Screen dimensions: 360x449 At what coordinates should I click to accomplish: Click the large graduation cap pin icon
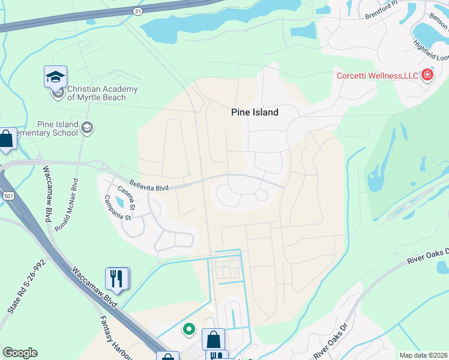tap(55, 77)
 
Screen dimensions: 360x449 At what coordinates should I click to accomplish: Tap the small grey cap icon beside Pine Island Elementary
tap(88, 127)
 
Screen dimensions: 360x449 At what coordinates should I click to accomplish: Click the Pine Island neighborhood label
tap(255, 112)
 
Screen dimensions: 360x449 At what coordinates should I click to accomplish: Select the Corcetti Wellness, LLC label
tap(377, 76)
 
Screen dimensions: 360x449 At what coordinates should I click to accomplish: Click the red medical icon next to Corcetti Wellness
tap(427, 75)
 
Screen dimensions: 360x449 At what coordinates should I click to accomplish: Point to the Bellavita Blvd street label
tap(149, 188)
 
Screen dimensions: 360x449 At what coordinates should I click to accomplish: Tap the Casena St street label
tap(126, 197)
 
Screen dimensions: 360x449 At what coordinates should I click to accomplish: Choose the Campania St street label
tap(117, 208)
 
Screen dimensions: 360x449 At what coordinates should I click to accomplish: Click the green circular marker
tap(189, 329)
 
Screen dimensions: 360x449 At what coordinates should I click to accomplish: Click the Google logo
tap(20, 353)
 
